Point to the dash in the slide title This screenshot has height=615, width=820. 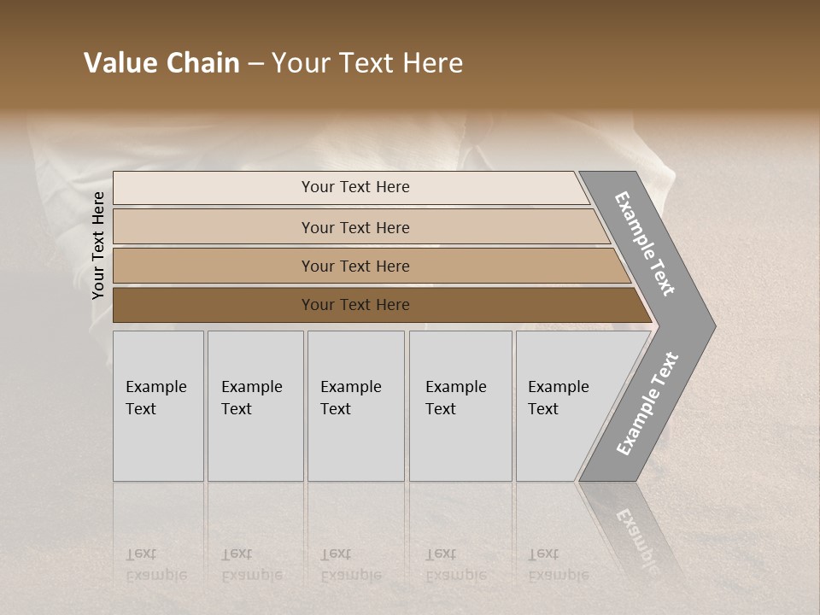tap(255, 64)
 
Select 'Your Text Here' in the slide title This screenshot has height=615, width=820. tap(367, 63)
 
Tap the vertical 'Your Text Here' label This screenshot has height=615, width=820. tap(98, 246)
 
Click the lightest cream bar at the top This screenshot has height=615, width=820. tap(355, 187)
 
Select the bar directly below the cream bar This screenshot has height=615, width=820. tap(355, 227)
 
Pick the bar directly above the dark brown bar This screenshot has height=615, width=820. tap(355, 266)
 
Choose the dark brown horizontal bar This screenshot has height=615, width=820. tap(355, 305)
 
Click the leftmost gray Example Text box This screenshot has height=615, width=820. tap(158, 406)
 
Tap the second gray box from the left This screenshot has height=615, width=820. tap(255, 406)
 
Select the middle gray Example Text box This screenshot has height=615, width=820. tap(355, 406)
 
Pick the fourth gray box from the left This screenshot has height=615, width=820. tap(460, 406)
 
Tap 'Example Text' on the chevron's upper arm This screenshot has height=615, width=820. tap(645, 243)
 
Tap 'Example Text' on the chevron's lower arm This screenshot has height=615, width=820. tap(647, 403)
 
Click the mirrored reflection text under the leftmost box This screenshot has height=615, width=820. tap(156, 565)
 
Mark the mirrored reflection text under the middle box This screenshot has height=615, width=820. tap(351, 565)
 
